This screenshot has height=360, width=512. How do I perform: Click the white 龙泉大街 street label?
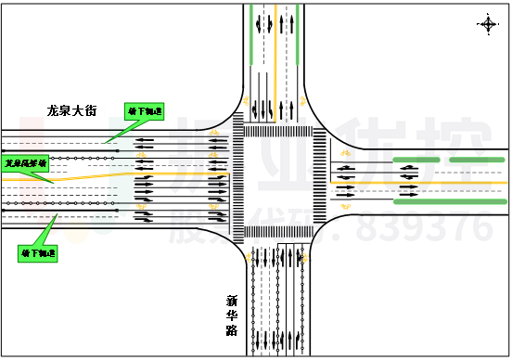[x=71, y=110]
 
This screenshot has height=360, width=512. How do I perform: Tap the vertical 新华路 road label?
[x=232, y=315]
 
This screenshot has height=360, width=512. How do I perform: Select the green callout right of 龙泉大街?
[x=144, y=111]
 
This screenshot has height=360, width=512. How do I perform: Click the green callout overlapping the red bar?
[x=25, y=163]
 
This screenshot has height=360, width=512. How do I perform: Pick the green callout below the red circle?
[x=37, y=253]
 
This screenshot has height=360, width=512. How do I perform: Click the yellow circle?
[x=76, y=231]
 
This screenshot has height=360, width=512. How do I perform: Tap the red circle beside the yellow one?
[x=49, y=223]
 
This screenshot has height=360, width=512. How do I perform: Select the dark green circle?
[x=103, y=223]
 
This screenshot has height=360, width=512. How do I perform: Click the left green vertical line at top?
[x=250, y=34]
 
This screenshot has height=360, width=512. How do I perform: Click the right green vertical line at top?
[x=297, y=34]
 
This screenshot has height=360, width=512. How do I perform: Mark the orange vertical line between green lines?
[x=275, y=46]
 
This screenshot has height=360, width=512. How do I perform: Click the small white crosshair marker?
[x=488, y=24]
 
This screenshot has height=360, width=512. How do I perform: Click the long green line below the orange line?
[x=450, y=201]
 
